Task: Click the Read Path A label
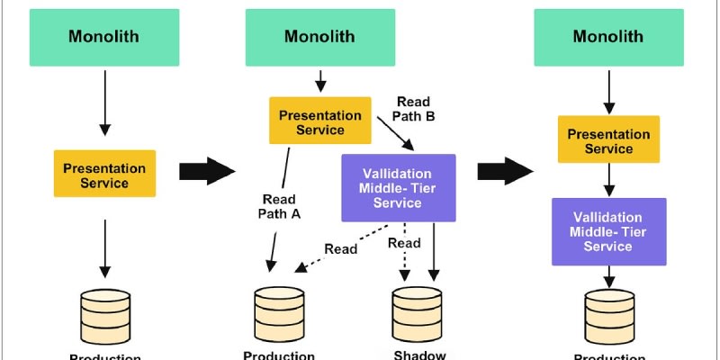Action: coord(281,206)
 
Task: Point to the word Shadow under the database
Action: coord(419,355)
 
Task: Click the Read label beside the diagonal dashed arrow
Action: coord(341,248)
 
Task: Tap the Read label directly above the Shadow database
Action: coord(404,243)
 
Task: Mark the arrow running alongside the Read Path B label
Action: coord(397,135)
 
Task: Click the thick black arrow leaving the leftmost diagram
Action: coord(207,170)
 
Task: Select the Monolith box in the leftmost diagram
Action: coord(103,37)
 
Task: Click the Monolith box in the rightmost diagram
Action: coord(607,37)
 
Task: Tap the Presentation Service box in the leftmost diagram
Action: coord(103,175)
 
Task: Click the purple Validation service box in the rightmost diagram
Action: coord(608,231)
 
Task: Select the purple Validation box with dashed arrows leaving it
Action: coord(398,188)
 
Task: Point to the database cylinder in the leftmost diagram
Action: coord(105,311)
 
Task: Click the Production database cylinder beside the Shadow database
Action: coord(279,311)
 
